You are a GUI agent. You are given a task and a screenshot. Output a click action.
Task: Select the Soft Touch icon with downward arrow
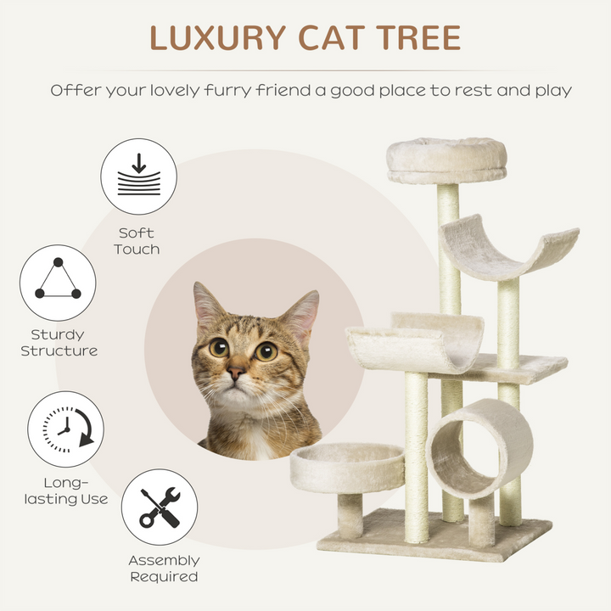(138, 177)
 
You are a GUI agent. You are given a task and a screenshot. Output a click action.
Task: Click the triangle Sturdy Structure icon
(58, 283)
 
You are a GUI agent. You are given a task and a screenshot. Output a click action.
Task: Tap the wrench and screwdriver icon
(159, 507)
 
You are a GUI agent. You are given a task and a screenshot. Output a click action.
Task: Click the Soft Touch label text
(137, 241)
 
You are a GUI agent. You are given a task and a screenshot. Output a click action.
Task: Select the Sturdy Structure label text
(59, 343)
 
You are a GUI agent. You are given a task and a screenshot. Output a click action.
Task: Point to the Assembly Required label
(164, 569)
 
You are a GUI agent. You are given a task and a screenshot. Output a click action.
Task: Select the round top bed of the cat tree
(446, 159)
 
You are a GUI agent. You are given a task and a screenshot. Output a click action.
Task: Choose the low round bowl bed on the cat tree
(347, 468)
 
